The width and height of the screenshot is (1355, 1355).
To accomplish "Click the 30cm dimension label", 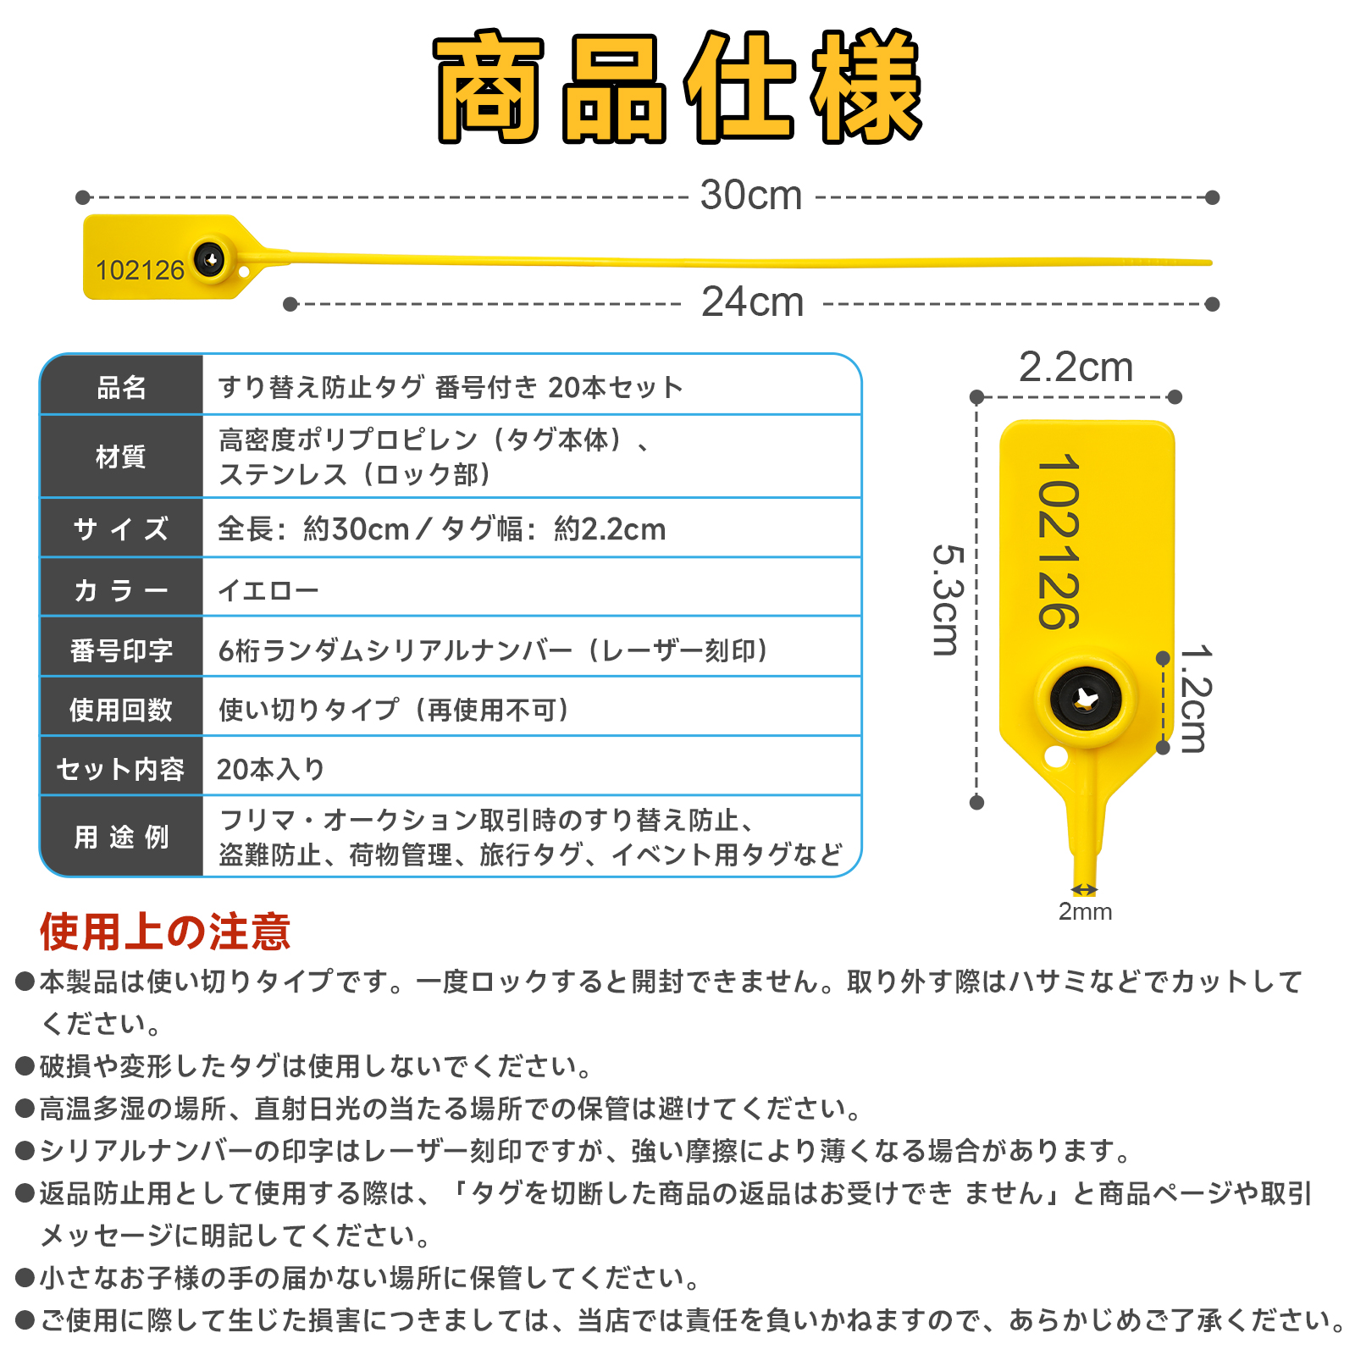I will [x=750, y=196].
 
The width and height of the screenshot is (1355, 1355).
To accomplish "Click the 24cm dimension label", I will [x=752, y=302].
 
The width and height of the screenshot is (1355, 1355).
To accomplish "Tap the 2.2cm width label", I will [x=1076, y=368].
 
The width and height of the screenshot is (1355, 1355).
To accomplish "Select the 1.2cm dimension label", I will [x=1195, y=699].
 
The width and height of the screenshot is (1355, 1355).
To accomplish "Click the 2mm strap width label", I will [x=1085, y=912].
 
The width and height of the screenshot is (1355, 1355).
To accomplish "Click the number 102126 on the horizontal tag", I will [x=140, y=270].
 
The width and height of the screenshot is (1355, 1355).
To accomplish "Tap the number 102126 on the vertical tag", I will [x=1059, y=542].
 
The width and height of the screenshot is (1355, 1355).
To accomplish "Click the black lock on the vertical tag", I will [x=1086, y=700].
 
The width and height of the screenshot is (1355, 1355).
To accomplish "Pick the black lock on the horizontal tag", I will [x=210, y=259].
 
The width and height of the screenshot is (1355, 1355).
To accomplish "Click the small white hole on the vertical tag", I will [x=1056, y=755].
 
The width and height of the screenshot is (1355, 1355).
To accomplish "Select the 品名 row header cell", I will [x=122, y=387].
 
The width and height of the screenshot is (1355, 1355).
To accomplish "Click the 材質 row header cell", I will [x=122, y=457].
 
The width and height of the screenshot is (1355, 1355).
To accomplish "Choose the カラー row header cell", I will [x=122, y=589].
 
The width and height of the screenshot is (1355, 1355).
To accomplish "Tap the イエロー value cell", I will [x=268, y=589].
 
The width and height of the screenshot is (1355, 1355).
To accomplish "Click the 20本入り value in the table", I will [x=271, y=769].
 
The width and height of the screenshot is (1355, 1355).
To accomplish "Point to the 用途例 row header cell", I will [x=122, y=837].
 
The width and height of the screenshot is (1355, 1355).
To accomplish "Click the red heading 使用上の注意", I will [x=165, y=932].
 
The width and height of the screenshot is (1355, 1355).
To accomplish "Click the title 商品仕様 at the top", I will [x=677, y=88].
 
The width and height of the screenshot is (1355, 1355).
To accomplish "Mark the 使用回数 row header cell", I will [x=122, y=710].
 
